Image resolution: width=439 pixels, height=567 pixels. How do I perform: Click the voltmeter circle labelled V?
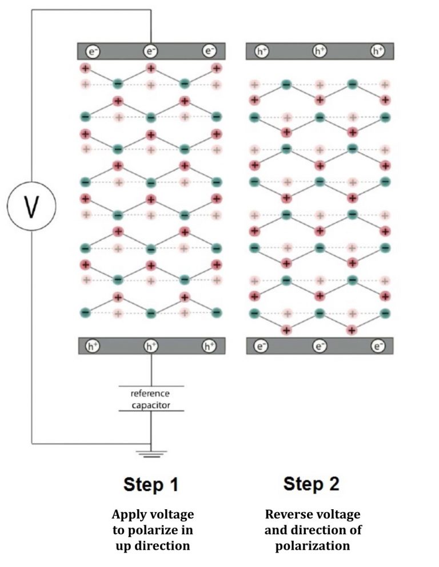pos(31,206)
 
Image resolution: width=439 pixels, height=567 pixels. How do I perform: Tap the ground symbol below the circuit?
pos(151,454)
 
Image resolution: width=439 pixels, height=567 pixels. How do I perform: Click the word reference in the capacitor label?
pos(150,393)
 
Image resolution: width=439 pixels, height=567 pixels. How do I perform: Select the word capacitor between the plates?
pos(151,405)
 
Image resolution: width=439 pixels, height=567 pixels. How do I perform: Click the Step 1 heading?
pos(151,485)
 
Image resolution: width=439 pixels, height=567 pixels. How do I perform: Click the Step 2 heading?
pos(311,484)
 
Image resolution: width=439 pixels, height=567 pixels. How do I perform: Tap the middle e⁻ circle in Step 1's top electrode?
pos(150,51)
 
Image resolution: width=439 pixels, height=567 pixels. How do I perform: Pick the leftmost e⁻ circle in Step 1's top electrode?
pos(93,51)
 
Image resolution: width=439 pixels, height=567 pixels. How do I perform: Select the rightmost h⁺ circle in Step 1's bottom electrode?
pos(209,346)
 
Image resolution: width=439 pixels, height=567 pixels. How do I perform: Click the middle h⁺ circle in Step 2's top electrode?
pos(319,51)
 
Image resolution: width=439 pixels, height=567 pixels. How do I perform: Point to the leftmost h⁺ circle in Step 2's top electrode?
pos(261,51)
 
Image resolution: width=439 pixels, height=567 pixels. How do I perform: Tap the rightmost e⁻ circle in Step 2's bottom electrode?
pos(378,346)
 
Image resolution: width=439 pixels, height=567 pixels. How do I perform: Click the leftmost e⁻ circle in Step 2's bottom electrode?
pos(261,346)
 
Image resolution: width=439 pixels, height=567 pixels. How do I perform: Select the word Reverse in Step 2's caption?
pos(285,514)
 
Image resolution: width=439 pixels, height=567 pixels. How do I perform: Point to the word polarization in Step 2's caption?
pos(313,546)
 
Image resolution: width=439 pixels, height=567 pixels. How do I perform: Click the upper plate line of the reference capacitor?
pos(151,386)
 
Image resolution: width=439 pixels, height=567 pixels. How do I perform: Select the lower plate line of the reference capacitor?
pos(151,411)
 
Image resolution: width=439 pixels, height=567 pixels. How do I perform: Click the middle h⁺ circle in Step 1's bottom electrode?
pos(151,346)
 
